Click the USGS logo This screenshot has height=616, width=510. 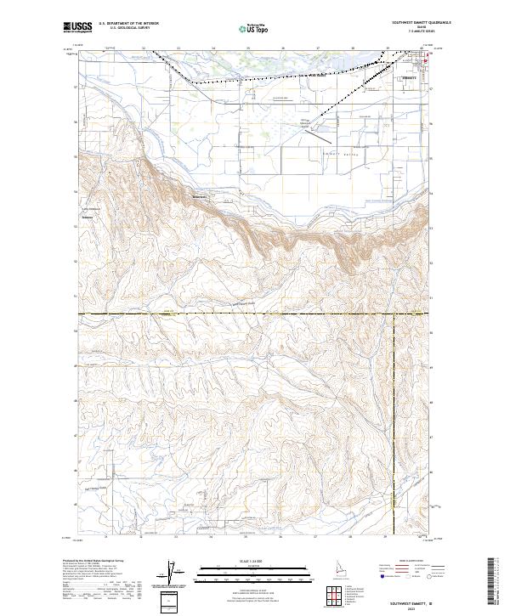[77, 28]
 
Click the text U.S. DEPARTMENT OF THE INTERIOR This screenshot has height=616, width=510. [128, 25]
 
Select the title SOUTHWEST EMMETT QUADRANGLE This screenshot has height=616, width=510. [416, 24]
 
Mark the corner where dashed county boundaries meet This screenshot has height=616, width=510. [395, 314]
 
